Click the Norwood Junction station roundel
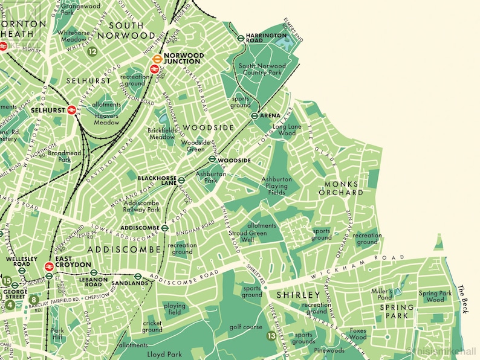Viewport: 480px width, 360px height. click(157, 59)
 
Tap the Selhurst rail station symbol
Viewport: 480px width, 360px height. click(71, 110)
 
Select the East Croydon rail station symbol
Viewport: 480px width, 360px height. click(50, 266)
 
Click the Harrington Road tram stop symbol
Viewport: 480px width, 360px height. click(241, 37)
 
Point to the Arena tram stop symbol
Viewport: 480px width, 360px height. click(255, 115)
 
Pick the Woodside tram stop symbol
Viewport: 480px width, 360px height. click(212, 159)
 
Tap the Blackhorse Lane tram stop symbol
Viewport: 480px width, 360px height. click(181, 179)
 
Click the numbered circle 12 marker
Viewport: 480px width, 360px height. click(92, 52)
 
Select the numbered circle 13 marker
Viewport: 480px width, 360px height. click(271, 336)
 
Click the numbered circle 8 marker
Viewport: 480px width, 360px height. click(34, 299)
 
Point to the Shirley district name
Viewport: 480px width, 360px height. click(297, 295)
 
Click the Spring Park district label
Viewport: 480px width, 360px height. click(398, 312)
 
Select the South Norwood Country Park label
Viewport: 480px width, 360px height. click(262, 69)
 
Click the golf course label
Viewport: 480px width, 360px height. click(245, 327)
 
